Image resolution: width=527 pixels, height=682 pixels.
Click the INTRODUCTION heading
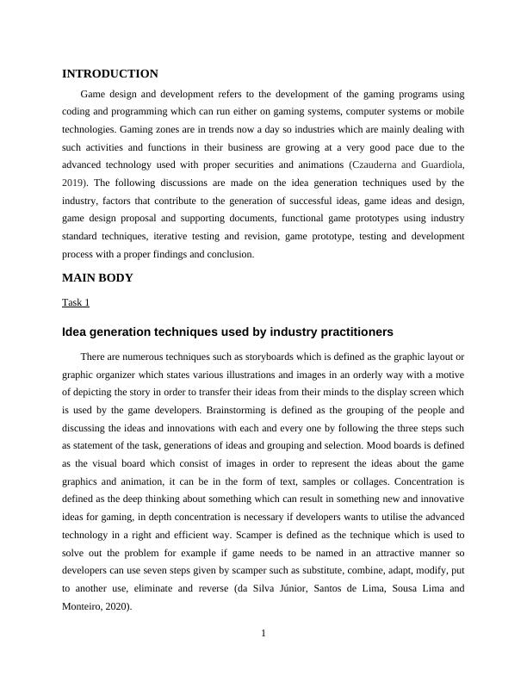110,74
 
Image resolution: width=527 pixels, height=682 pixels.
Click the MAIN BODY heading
97,278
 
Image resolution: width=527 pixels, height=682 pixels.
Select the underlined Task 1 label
76,302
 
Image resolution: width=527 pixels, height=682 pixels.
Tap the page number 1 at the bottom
263,635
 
